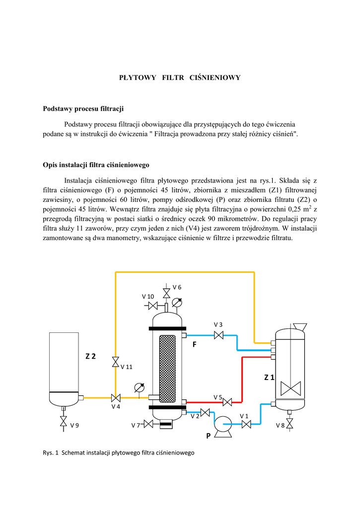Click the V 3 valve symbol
coord(218,336)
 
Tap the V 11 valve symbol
coord(116,361)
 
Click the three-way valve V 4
coord(116,397)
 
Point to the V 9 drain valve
coord(64,421)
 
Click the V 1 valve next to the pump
coord(246,424)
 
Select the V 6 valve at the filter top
coord(166,293)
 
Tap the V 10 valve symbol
coord(153,306)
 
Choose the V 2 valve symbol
coord(205,412)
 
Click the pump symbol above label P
coord(223,425)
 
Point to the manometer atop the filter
coord(177,302)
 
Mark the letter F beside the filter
coord(195,344)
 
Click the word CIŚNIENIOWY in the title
coord(216,77)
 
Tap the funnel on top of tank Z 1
coord(300,326)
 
